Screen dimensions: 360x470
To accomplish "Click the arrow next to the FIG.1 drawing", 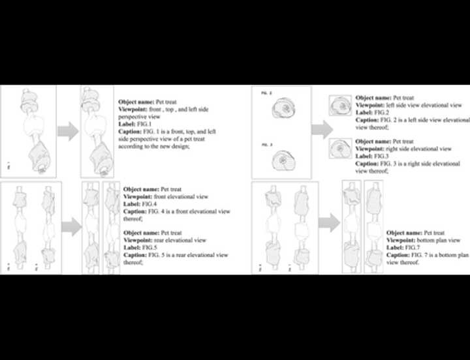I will coord(68,132).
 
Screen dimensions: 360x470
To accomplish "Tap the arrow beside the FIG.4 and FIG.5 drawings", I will coord(71,226).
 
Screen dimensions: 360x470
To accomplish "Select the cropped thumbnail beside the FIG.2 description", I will coord(342,107).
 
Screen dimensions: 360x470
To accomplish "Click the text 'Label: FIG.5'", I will coord(138,247).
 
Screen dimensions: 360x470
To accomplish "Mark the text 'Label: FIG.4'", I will coord(138,204).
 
